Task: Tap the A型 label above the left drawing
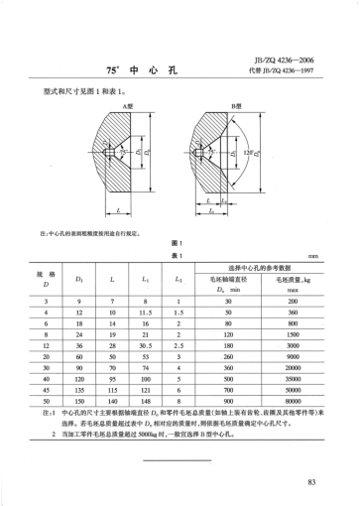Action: (127, 104)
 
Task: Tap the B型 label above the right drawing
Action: (238, 104)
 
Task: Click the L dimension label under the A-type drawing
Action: (118, 210)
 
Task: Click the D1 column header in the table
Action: (78, 281)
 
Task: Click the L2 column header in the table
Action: (179, 281)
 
